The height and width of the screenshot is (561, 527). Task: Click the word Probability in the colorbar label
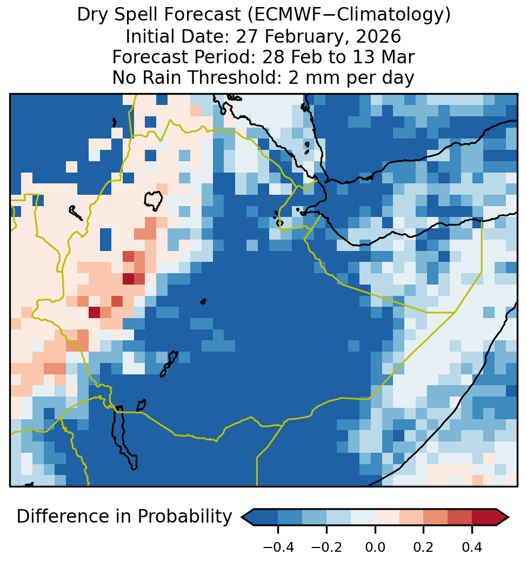(185, 517)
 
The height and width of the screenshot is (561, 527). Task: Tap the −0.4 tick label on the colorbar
(278, 547)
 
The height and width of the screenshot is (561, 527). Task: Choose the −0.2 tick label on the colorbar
(326, 547)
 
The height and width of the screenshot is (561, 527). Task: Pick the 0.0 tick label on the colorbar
(375, 547)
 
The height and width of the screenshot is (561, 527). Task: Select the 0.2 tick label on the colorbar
(423, 547)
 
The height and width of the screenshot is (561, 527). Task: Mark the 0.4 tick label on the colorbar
(472, 547)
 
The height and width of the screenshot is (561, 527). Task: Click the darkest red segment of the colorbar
(484, 517)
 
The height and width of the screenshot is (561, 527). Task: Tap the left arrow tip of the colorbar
(242, 517)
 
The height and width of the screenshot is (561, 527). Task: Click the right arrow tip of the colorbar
(508, 517)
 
